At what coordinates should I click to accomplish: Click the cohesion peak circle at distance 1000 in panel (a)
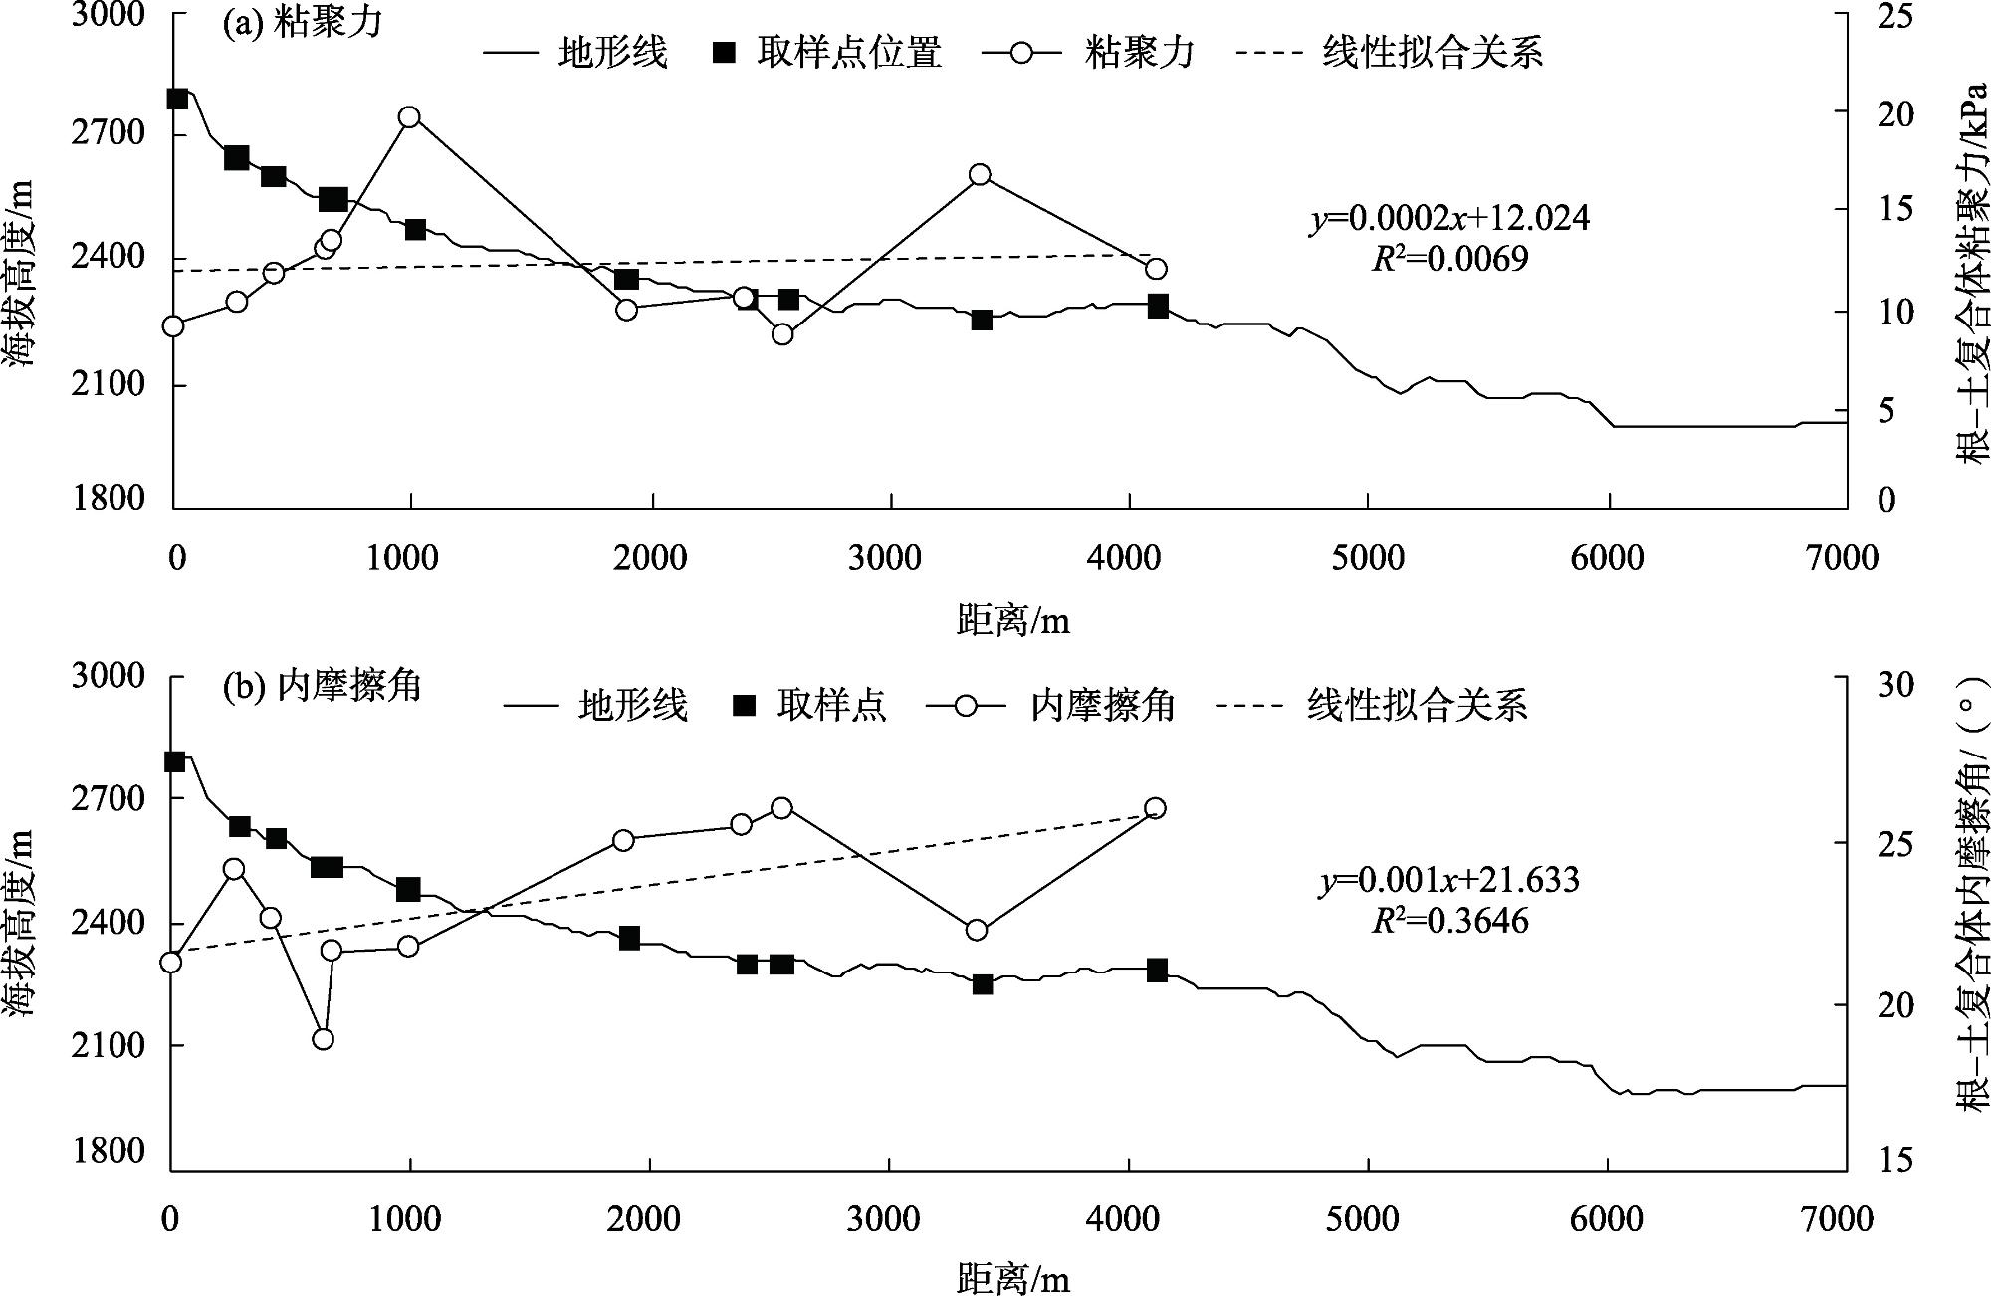pos(409,117)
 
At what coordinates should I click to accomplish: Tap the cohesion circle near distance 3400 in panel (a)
pos(980,175)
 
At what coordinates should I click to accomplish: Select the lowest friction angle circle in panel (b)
pos(323,1039)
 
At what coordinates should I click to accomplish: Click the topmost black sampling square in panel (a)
pos(177,99)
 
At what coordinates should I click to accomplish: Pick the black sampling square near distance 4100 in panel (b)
pos(1157,971)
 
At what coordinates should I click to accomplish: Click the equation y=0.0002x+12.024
pos(1449,218)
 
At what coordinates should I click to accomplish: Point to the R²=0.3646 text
pos(1449,921)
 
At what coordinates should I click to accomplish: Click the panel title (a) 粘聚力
pos(302,23)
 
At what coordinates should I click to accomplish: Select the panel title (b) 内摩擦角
pos(322,686)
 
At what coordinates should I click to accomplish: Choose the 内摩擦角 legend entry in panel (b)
pos(1103,706)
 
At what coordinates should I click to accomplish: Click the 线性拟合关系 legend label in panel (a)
pos(1433,53)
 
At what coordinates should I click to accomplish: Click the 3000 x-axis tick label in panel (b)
pos(885,1219)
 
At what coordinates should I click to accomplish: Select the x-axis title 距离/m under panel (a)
pos(1012,621)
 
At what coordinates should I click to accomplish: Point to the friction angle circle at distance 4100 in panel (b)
pos(1155,808)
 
